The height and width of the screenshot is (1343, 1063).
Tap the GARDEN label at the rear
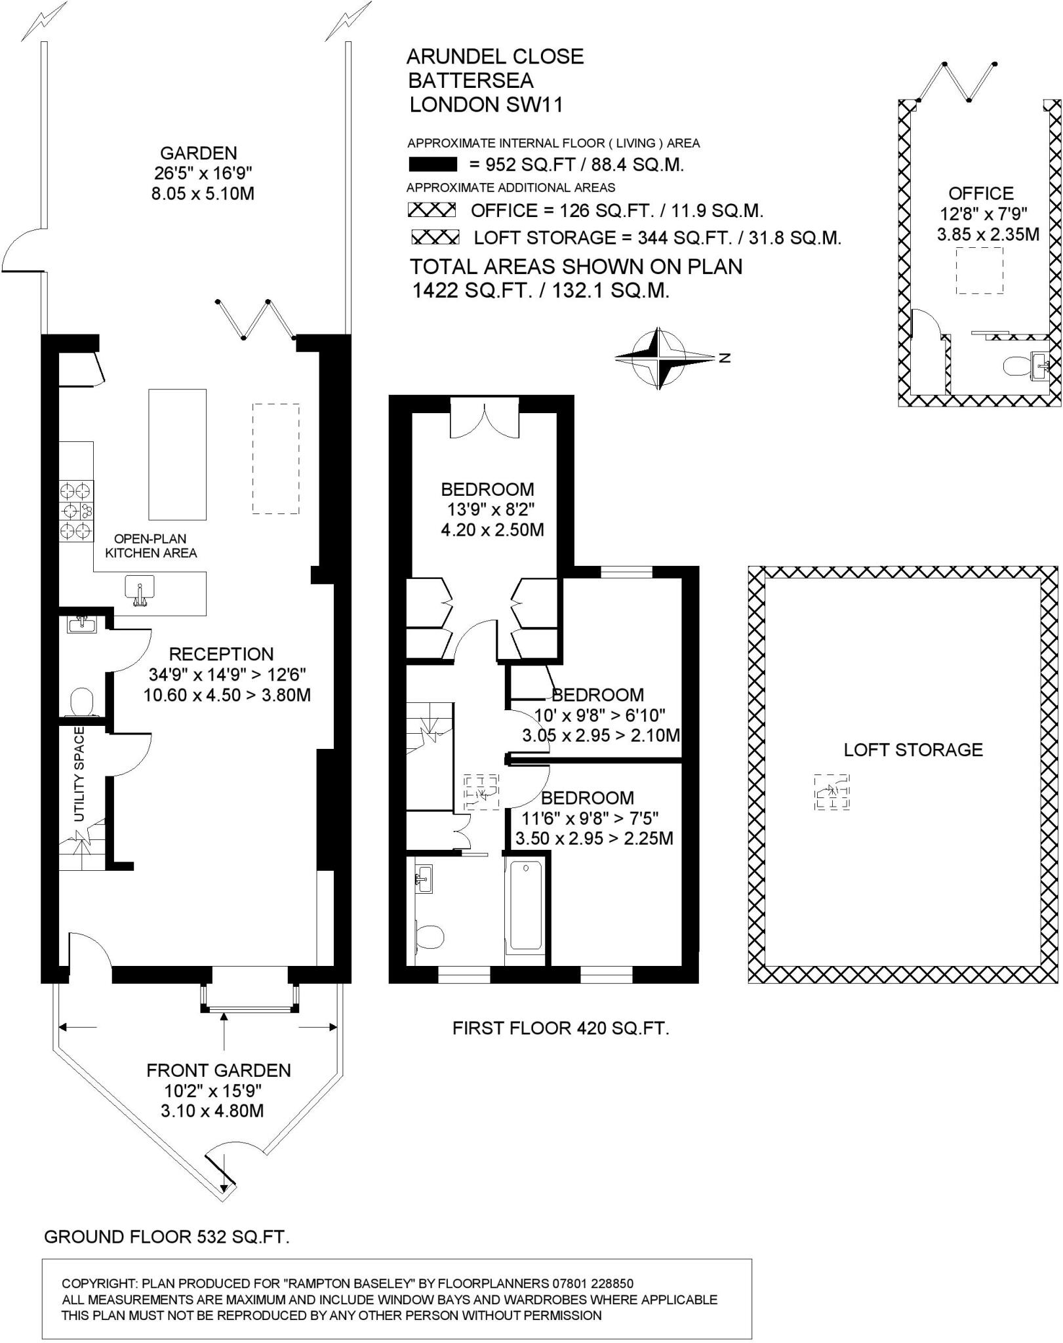click(x=198, y=153)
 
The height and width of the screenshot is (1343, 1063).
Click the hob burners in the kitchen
click(x=77, y=511)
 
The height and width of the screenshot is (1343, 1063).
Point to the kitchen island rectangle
click(x=177, y=454)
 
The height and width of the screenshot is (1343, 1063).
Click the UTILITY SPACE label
click(x=79, y=774)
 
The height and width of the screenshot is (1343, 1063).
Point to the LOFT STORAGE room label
click(x=913, y=750)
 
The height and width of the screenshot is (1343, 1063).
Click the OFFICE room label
click(x=980, y=193)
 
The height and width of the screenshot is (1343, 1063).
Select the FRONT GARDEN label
click(x=218, y=1071)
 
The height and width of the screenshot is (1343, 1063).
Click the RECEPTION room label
click(x=221, y=654)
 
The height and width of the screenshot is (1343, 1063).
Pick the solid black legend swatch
click(x=433, y=164)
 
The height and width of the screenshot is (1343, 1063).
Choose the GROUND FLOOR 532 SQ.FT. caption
click(x=167, y=1237)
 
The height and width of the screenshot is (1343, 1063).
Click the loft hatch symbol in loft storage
click(x=832, y=792)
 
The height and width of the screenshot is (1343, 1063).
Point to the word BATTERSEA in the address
click(x=471, y=81)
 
